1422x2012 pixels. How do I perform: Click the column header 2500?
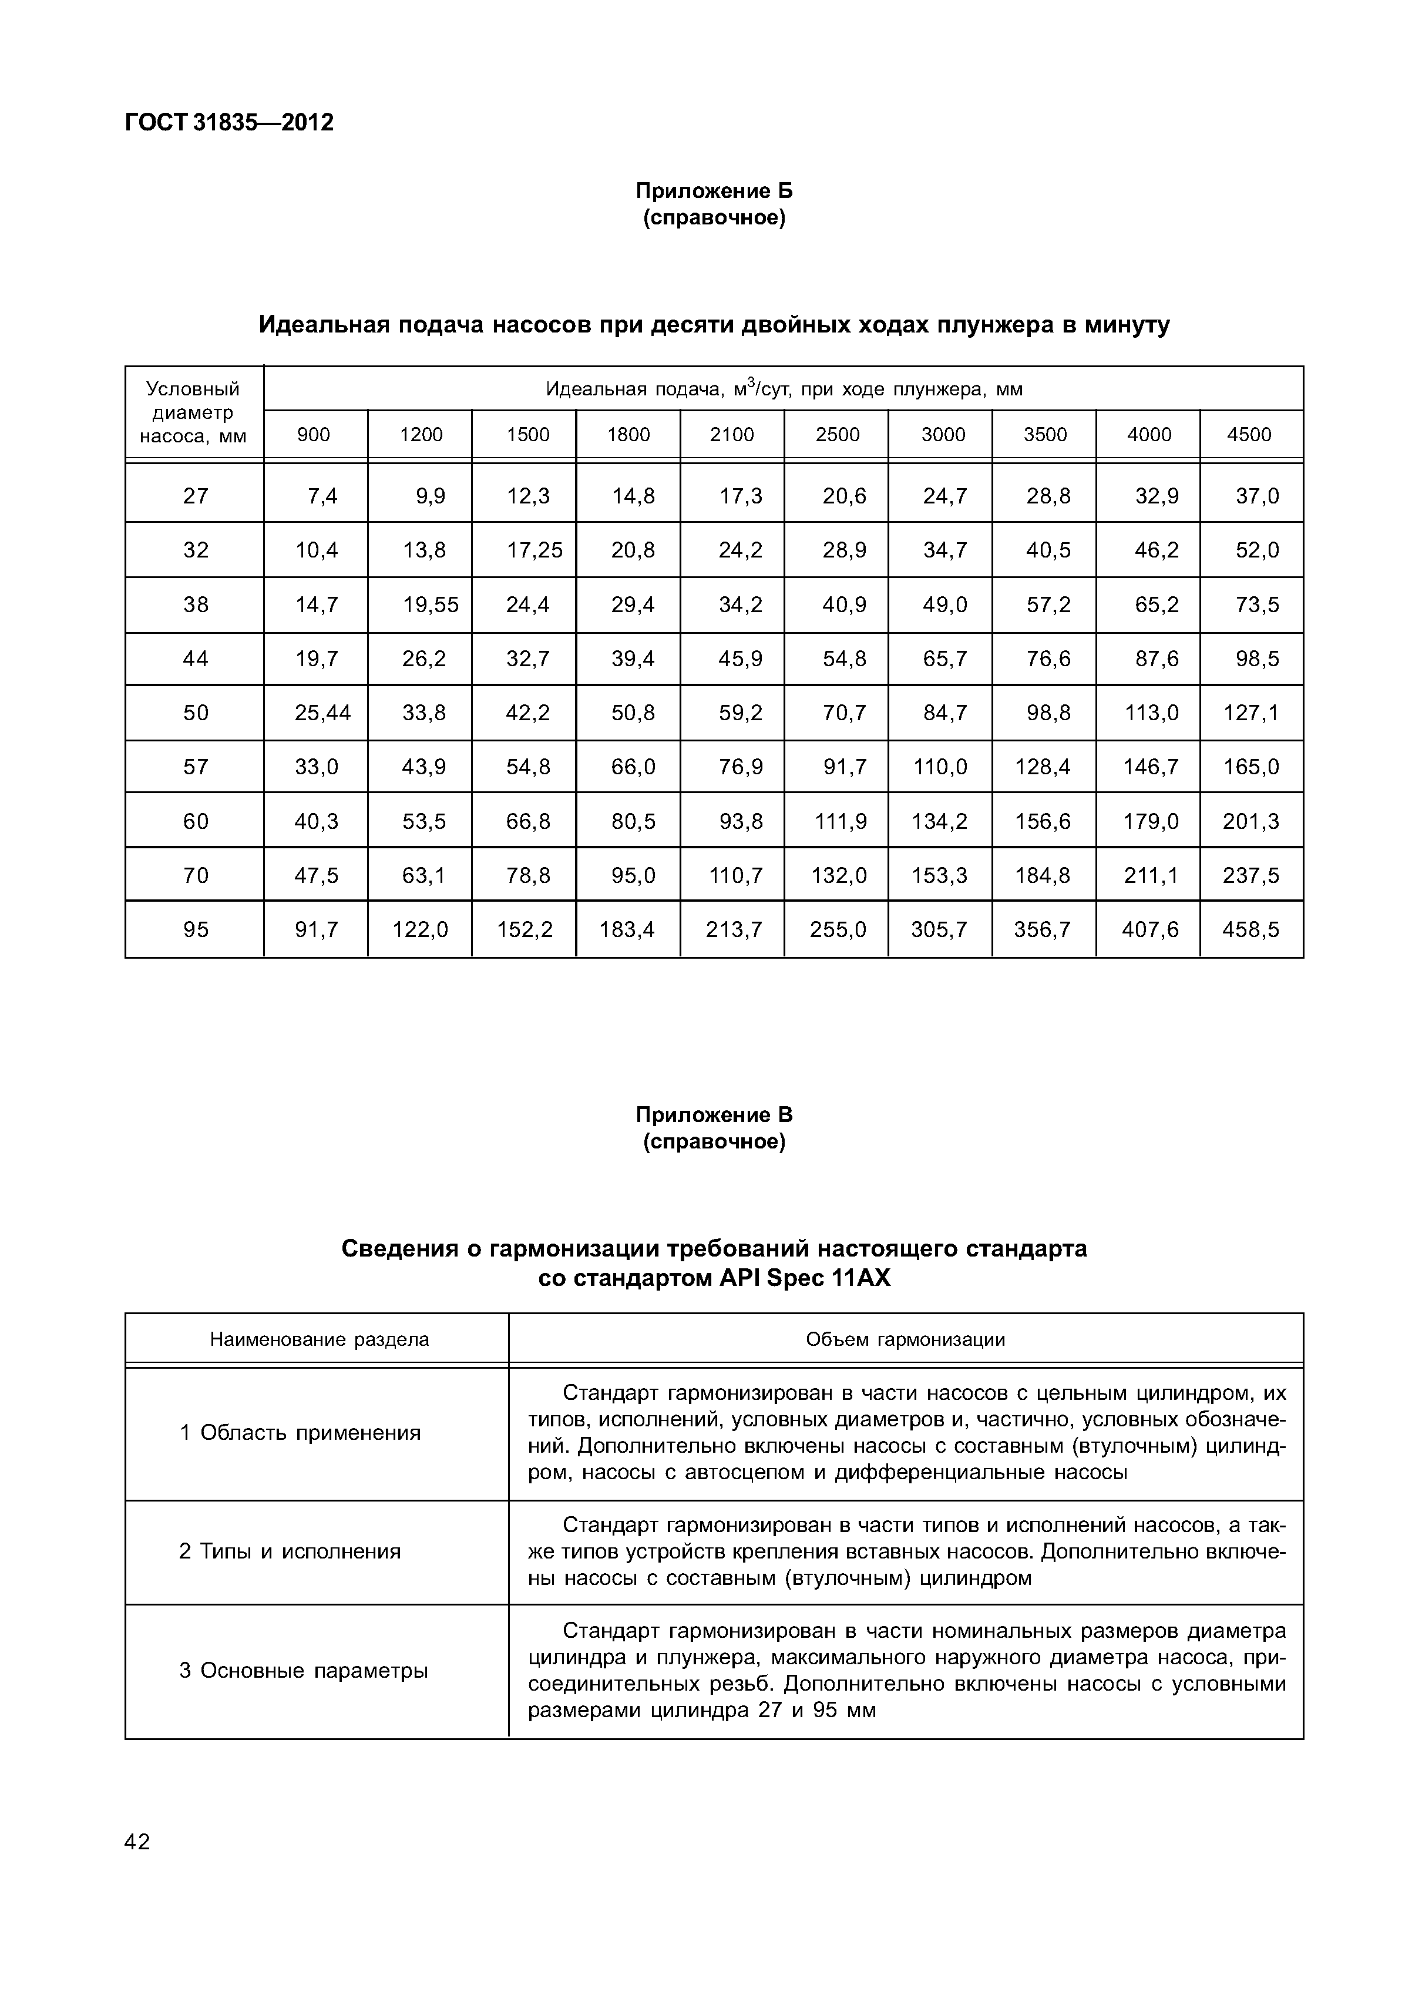pyautogui.click(x=837, y=435)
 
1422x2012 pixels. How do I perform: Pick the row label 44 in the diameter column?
pyautogui.click(x=196, y=659)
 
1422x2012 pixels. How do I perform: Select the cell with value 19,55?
pyautogui.click(x=430, y=604)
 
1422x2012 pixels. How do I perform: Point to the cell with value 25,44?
pyautogui.click(x=322, y=713)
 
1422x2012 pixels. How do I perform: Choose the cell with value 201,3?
pyautogui.click(x=1250, y=822)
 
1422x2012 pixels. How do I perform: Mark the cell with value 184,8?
pyautogui.click(x=1042, y=875)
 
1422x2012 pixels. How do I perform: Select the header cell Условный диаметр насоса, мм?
pyautogui.click(x=194, y=412)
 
